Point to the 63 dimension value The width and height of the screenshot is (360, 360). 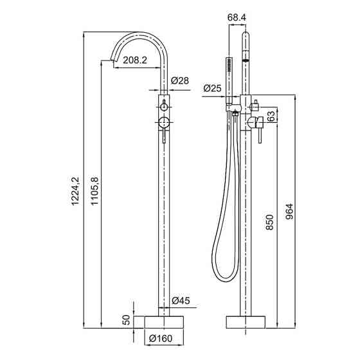coord(271,116)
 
